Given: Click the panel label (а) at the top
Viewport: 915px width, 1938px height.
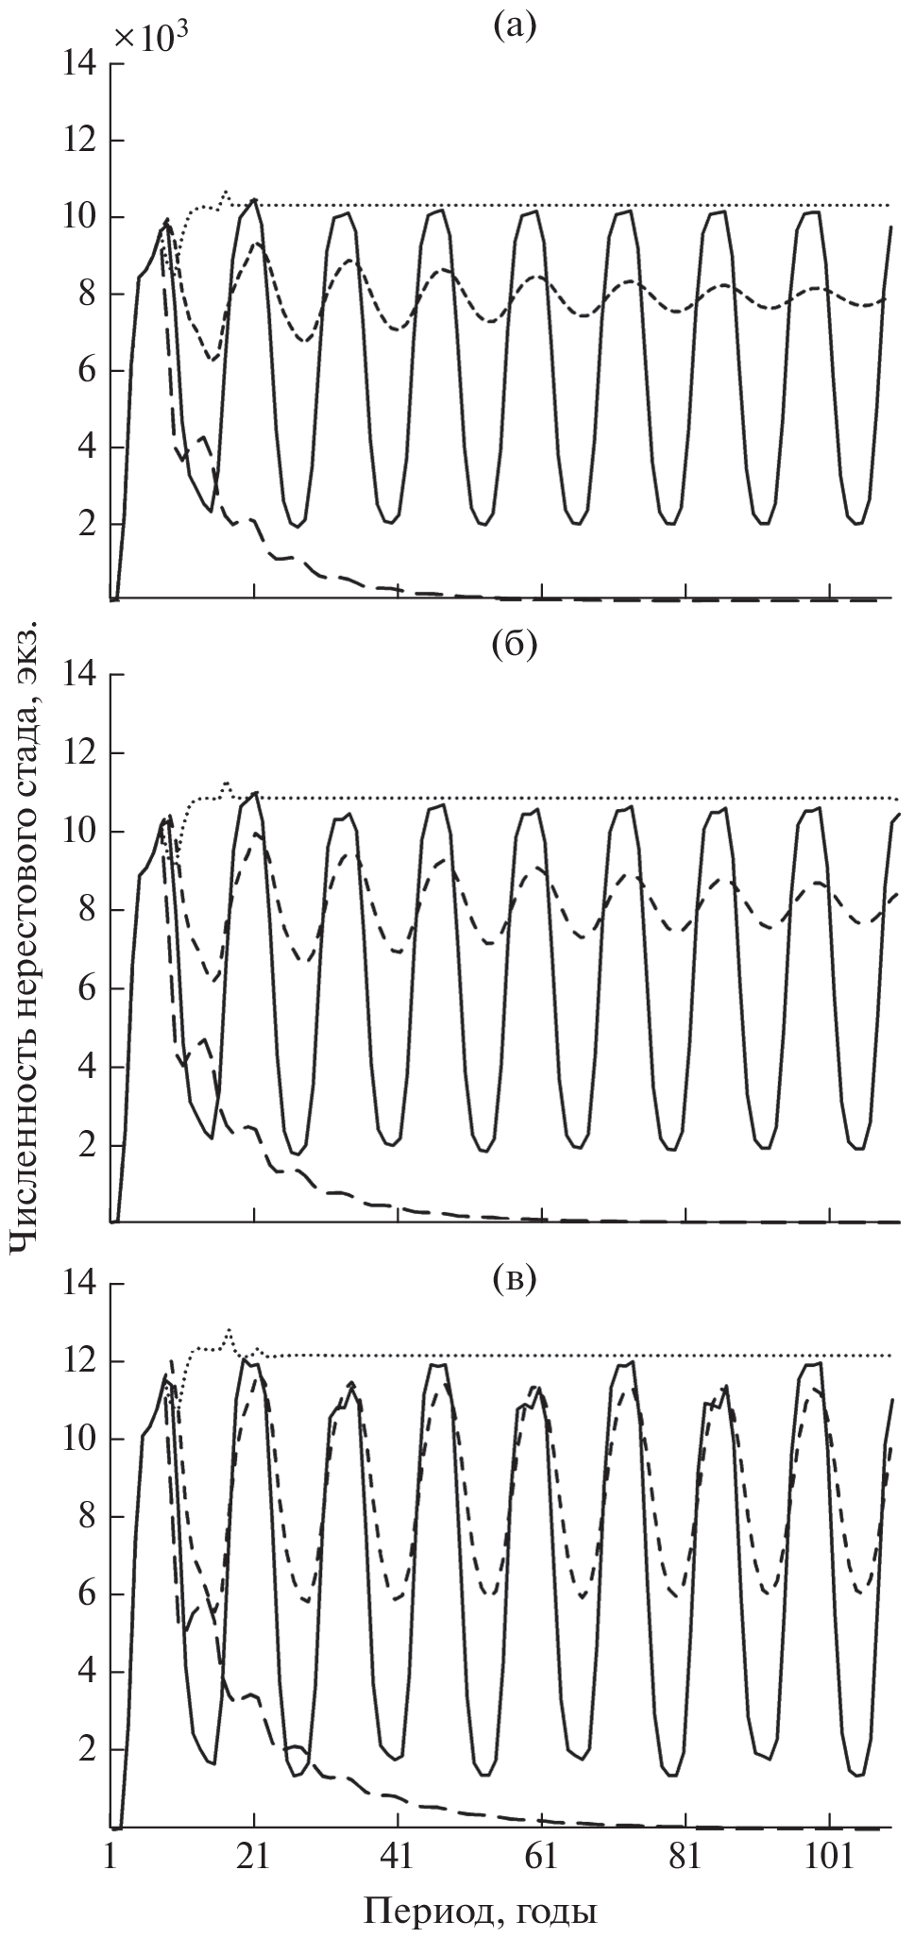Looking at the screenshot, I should click(514, 26).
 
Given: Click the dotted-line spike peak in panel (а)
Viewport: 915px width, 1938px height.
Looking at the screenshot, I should click(226, 192).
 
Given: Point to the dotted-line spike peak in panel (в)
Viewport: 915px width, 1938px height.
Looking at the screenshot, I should click(229, 1330).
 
